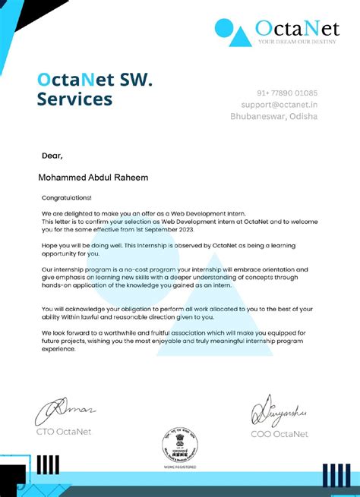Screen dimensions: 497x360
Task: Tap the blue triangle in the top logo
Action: click(241, 33)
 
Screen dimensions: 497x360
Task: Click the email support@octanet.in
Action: click(274, 104)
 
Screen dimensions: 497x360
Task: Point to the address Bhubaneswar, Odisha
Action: click(274, 116)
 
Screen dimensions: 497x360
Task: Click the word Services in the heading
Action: click(74, 99)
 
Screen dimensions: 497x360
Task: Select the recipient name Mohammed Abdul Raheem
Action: click(93, 178)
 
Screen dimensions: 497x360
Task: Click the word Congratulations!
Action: click(66, 197)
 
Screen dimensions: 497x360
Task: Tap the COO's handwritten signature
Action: click(278, 410)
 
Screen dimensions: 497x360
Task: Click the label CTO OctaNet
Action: click(66, 433)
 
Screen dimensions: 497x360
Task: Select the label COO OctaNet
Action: click(279, 434)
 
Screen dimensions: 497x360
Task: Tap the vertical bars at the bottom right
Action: click(335, 475)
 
